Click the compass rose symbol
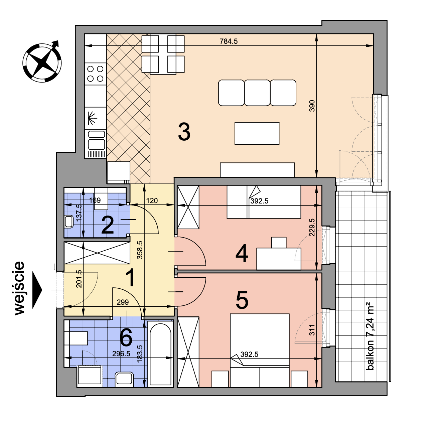click(x=42, y=62)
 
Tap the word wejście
click(x=20, y=288)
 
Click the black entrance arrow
click(x=37, y=290)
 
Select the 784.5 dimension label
click(x=229, y=41)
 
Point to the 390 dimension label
click(x=312, y=106)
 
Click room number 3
click(x=184, y=132)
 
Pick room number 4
click(x=242, y=253)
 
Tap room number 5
click(x=242, y=300)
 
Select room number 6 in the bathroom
click(x=126, y=337)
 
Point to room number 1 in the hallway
click(x=131, y=278)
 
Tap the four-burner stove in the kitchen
click(x=95, y=74)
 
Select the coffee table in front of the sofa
click(x=257, y=133)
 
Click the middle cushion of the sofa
click(x=257, y=93)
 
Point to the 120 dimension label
click(x=152, y=200)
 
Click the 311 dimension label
click(x=312, y=330)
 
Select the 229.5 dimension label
click(x=312, y=228)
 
